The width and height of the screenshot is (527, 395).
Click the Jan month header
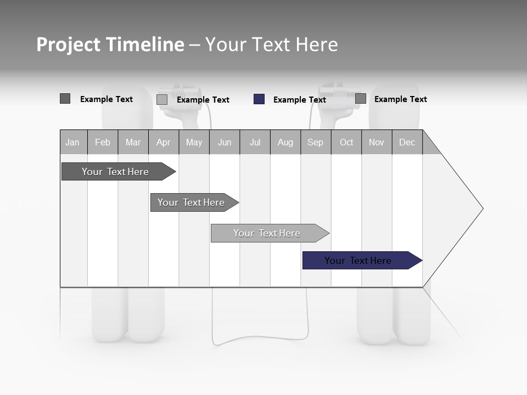coord(72,142)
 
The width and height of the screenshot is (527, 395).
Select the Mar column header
coord(133,142)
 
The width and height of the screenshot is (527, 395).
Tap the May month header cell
coord(194,142)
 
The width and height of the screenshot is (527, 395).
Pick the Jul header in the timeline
coord(255,142)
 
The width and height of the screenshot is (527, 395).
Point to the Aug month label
coord(285,142)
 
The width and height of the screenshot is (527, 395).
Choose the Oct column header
coord(346,142)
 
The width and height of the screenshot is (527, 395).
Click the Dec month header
coord(407,142)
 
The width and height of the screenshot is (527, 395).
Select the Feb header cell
coord(103,142)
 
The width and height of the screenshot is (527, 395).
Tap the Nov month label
coord(377,142)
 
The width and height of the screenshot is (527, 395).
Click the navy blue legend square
coord(259,99)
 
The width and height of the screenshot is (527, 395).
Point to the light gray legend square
coord(162,99)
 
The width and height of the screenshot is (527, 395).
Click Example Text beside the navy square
coord(299,100)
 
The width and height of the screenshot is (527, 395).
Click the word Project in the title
coord(69,44)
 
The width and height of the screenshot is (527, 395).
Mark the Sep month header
coord(316,142)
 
